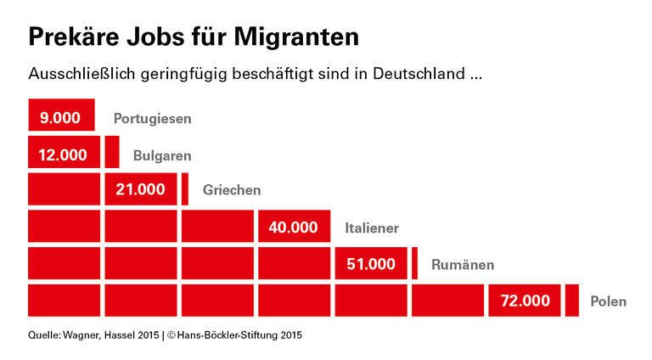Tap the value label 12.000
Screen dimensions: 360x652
63,155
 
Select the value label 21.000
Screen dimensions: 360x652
140,189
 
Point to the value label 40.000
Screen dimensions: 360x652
293,227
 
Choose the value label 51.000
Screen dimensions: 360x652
371,264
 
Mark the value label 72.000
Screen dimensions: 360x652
525,301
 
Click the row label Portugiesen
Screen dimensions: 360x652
152,119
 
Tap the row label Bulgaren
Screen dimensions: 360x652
162,155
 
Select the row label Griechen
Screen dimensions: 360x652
231,190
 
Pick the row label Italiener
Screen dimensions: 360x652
371,228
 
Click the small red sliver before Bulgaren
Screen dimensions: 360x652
112,152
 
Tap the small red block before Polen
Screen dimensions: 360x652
572,301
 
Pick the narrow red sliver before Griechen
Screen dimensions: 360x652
185,188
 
